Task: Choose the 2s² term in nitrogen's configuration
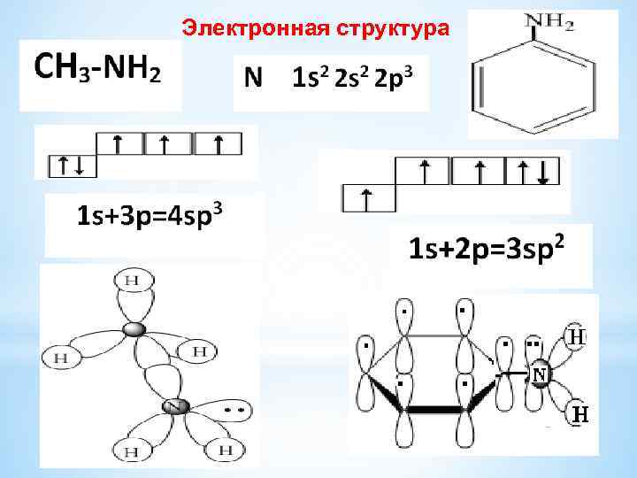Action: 349,78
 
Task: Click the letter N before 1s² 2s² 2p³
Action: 253,78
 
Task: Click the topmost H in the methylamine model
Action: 132,281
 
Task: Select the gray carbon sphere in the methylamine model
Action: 133,329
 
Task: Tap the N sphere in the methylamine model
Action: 174,407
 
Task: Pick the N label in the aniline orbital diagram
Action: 539,375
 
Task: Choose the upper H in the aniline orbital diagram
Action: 576,337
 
